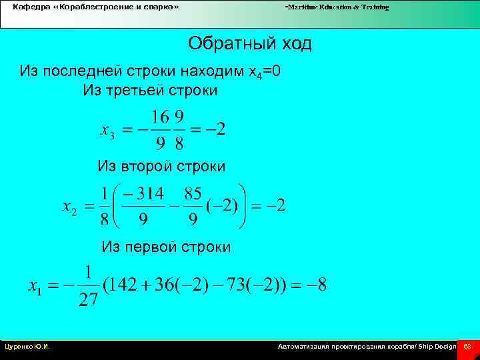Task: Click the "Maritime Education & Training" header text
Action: [337, 7]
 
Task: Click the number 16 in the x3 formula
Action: [160, 118]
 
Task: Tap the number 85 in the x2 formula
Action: [193, 195]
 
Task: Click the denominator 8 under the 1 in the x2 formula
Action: [105, 220]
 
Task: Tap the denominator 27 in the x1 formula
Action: [89, 300]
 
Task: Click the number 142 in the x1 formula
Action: [122, 286]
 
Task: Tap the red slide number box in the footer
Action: [467, 347]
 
